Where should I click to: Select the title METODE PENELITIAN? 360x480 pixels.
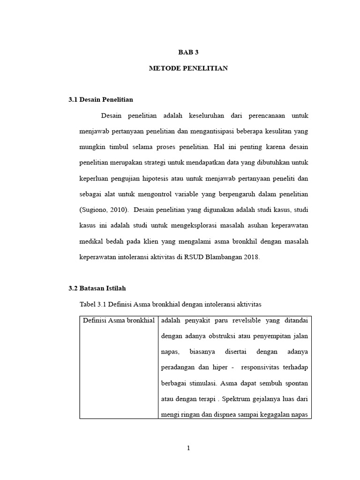click(x=188, y=68)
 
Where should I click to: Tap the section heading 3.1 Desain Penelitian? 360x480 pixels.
click(x=101, y=99)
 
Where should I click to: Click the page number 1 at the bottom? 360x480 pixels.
click(x=188, y=448)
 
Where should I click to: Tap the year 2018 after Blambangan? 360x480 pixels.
click(x=251, y=257)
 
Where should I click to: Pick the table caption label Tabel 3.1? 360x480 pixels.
click(x=93, y=305)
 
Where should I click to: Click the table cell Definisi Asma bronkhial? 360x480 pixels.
click(x=119, y=321)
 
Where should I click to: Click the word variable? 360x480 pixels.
click(x=183, y=194)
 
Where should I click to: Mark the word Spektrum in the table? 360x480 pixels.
click(x=237, y=399)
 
